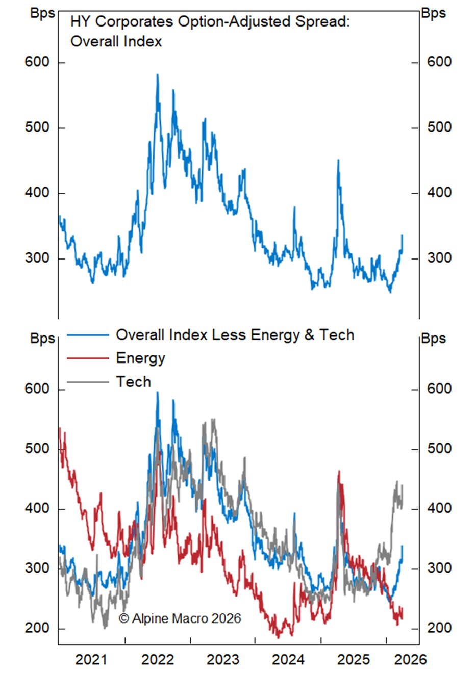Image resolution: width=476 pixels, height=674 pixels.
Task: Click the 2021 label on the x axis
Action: [x=91, y=659]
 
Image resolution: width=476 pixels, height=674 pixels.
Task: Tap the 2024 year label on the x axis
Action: [x=288, y=659]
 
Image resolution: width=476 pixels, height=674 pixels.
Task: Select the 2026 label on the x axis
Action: [x=411, y=659]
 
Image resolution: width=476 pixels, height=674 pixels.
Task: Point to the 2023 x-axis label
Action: [x=223, y=659]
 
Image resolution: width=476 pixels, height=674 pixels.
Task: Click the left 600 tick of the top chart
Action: [x=37, y=62]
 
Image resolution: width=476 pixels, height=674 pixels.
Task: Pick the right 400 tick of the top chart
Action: [x=439, y=193]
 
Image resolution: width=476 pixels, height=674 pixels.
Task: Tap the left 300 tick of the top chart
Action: [x=37, y=258]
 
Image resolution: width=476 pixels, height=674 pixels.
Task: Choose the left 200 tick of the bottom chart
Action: [x=37, y=628]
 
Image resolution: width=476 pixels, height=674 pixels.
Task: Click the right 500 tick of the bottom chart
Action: [x=439, y=449]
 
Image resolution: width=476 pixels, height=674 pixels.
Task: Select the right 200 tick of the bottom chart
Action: [x=439, y=628]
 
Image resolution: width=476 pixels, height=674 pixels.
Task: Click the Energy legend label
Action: [x=140, y=358]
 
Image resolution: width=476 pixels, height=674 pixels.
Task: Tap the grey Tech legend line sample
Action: [x=88, y=382]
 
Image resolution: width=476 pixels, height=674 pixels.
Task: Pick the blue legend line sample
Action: [x=88, y=335]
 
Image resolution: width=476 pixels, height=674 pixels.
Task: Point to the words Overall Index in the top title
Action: [x=116, y=41]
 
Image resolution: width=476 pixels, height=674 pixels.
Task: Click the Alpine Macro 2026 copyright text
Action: [x=180, y=618]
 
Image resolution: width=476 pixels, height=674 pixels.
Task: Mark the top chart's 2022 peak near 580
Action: [x=157, y=75]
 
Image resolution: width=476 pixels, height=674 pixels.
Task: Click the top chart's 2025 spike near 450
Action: [x=338, y=161]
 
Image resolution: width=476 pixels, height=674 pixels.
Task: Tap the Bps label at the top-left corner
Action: [x=42, y=13]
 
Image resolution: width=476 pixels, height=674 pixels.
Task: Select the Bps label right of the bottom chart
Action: [x=434, y=339]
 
